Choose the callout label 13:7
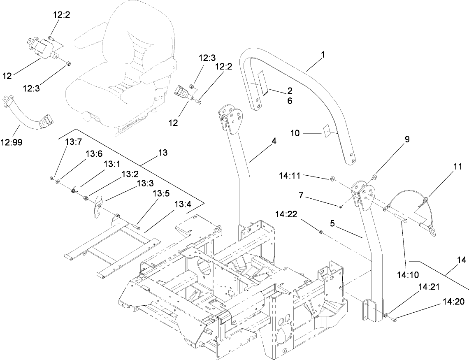click(x=74, y=142)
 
